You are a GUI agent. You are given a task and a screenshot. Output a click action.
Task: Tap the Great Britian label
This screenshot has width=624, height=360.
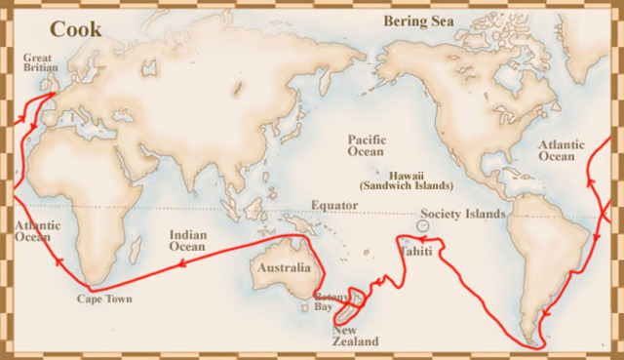[41, 62]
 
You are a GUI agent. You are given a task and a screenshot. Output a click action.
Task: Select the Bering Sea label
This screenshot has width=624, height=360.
[418, 20]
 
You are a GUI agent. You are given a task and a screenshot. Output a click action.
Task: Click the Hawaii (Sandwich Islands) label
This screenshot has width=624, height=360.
[406, 179]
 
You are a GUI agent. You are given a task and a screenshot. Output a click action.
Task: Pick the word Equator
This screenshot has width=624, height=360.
[334, 205]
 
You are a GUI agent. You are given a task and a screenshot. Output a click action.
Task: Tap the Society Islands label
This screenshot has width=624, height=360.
[463, 214]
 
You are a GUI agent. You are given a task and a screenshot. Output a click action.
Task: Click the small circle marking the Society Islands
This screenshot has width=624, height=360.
[421, 225]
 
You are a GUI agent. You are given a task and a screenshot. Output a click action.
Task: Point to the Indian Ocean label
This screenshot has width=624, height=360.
[187, 240]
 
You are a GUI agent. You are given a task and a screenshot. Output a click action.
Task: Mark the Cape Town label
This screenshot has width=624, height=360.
[104, 299]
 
